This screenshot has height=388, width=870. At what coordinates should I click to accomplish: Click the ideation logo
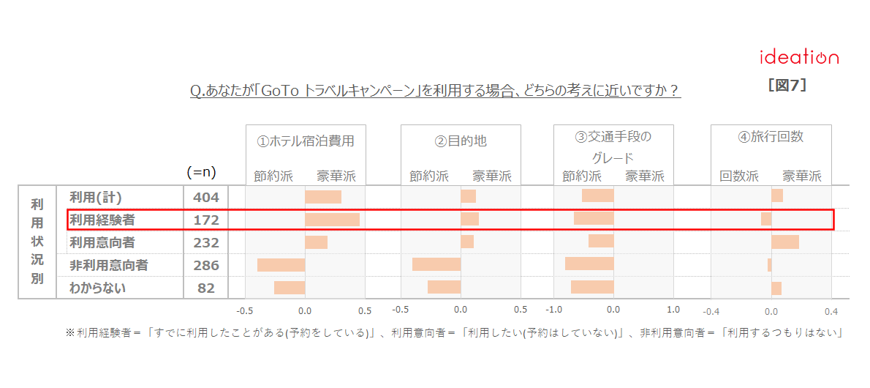(799, 57)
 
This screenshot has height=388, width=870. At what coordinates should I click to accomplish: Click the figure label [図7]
(787, 85)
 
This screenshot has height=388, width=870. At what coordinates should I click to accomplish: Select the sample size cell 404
(205, 197)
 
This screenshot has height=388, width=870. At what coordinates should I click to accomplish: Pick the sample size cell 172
(205, 220)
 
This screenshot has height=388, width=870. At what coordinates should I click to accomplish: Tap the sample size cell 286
(205, 265)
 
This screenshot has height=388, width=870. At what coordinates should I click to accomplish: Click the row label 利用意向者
(102, 242)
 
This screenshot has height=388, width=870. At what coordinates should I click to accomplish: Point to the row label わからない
(97, 288)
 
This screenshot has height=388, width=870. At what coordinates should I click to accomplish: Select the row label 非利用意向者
(108, 265)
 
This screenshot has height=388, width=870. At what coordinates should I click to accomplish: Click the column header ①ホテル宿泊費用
(306, 141)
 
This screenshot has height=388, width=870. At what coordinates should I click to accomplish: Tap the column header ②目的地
(461, 141)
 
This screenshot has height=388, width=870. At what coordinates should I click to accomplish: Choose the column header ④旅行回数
(771, 137)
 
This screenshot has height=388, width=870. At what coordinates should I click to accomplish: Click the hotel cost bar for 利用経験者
(332, 220)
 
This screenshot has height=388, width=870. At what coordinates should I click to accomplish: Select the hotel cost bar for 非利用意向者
(281, 265)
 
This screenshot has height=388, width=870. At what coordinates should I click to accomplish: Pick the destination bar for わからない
(444, 287)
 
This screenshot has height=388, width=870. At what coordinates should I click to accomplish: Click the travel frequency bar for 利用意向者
(785, 242)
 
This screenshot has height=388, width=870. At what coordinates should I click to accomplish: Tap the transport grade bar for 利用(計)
(598, 195)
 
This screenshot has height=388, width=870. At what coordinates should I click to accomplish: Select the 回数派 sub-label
(739, 176)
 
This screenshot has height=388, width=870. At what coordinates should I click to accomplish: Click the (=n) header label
(202, 173)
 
